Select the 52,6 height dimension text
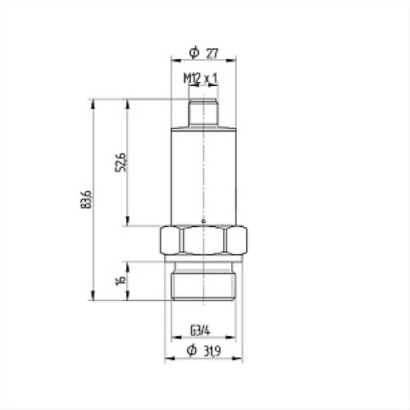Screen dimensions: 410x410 (121, 162)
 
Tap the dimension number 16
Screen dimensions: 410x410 (121, 280)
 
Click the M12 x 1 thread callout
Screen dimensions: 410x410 (201, 78)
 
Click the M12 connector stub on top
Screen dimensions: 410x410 (202, 112)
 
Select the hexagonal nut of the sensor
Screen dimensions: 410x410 (202, 241)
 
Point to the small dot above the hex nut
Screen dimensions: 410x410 (202, 221)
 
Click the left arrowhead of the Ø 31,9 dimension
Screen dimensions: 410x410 (166, 358)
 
